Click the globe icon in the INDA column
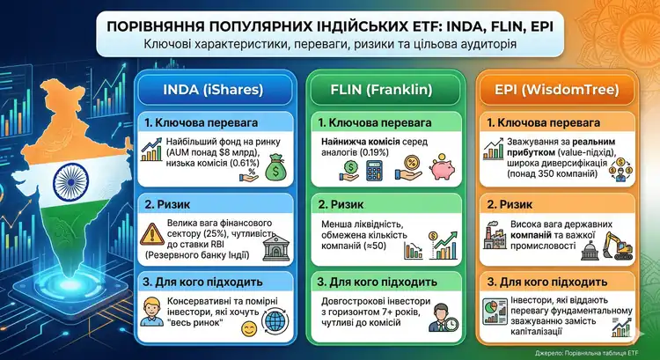(x=274, y=327)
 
